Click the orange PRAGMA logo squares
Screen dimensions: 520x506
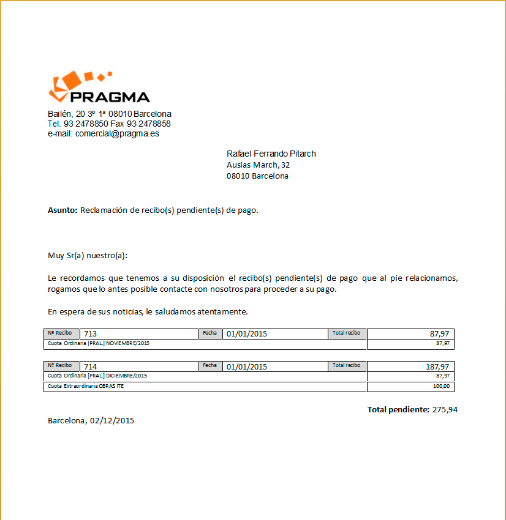point(69,83)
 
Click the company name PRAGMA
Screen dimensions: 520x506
point(110,97)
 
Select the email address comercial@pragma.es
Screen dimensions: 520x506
point(117,133)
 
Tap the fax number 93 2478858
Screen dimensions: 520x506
point(149,124)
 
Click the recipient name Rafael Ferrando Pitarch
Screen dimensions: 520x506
point(271,154)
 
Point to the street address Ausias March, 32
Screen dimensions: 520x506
point(259,165)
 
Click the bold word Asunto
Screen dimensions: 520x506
point(62,210)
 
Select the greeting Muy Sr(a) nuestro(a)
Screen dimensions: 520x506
point(88,255)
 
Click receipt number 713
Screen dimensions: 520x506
point(91,334)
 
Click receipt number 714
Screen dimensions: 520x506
point(91,367)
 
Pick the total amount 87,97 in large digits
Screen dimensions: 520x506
point(439,334)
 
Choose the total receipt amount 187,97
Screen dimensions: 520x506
point(437,367)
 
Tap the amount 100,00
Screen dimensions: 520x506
point(442,387)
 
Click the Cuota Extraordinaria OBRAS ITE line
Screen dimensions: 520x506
point(86,387)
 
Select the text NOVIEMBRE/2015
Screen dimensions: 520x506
point(127,344)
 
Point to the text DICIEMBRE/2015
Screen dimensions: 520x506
point(126,376)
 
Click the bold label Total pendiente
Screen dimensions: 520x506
point(398,409)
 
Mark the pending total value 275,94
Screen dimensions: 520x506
point(445,409)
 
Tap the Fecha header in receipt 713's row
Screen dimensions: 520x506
point(210,333)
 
